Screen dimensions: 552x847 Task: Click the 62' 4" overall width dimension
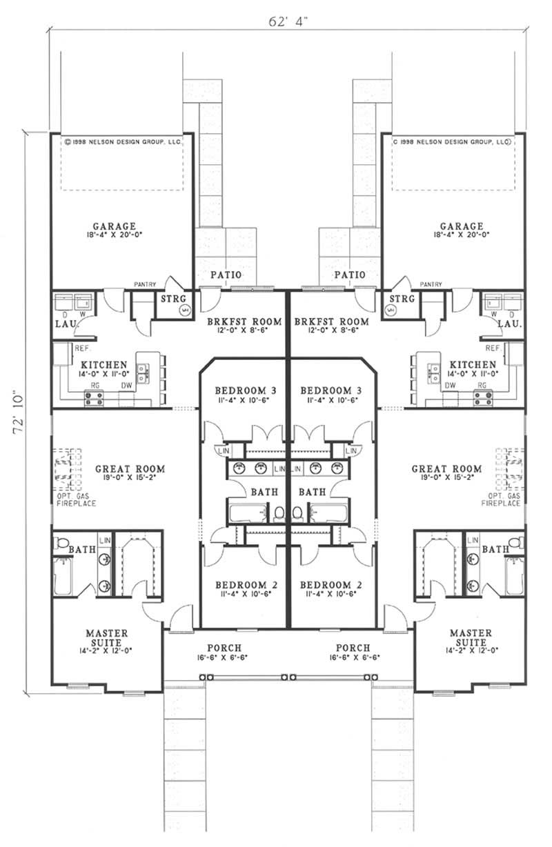(x=288, y=21)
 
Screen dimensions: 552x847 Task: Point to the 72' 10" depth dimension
(x=19, y=415)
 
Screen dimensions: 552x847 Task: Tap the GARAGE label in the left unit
(x=115, y=226)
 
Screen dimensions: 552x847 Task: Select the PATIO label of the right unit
(x=350, y=275)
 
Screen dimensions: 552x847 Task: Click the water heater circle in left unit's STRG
(x=185, y=310)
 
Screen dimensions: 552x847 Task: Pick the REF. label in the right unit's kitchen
(x=493, y=348)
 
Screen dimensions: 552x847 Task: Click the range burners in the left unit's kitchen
(x=94, y=399)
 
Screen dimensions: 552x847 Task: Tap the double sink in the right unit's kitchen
(x=433, y=372)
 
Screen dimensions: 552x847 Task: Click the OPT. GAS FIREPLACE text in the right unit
(x=500, y=499)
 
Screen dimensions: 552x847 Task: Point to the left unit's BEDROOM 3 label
(x=246, y=390)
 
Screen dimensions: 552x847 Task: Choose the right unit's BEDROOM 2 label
(x=331, y=585)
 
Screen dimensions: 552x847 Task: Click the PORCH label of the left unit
(x=224, y=648)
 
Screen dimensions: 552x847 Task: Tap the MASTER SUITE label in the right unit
(x=471, y=637)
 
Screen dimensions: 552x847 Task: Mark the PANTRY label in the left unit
(x=144, y=284)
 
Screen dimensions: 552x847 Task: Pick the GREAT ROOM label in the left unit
(x=130, y=468)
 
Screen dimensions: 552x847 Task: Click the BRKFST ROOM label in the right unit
(x=331, y=321)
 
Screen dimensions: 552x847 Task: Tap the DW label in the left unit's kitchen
(x=126, y=386)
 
